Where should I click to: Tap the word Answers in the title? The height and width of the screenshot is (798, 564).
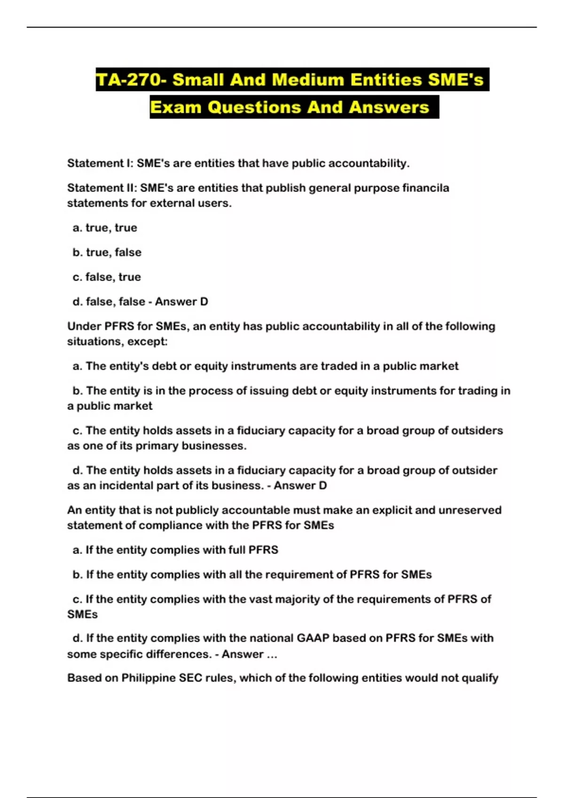389,107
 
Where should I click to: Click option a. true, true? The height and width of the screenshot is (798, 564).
105,228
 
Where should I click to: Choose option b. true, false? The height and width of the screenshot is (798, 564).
107,252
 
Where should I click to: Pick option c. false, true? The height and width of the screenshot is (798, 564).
107,277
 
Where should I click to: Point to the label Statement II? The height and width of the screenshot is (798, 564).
102,188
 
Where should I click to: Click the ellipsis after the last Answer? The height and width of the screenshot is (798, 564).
272,654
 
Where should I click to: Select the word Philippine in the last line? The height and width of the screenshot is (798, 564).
149,678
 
